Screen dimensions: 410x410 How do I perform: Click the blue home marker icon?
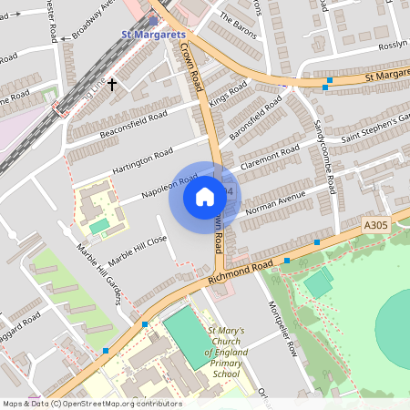click(205, 196)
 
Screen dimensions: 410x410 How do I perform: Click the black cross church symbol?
click(112, 84)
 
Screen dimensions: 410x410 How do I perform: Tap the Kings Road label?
click(229, 94)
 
